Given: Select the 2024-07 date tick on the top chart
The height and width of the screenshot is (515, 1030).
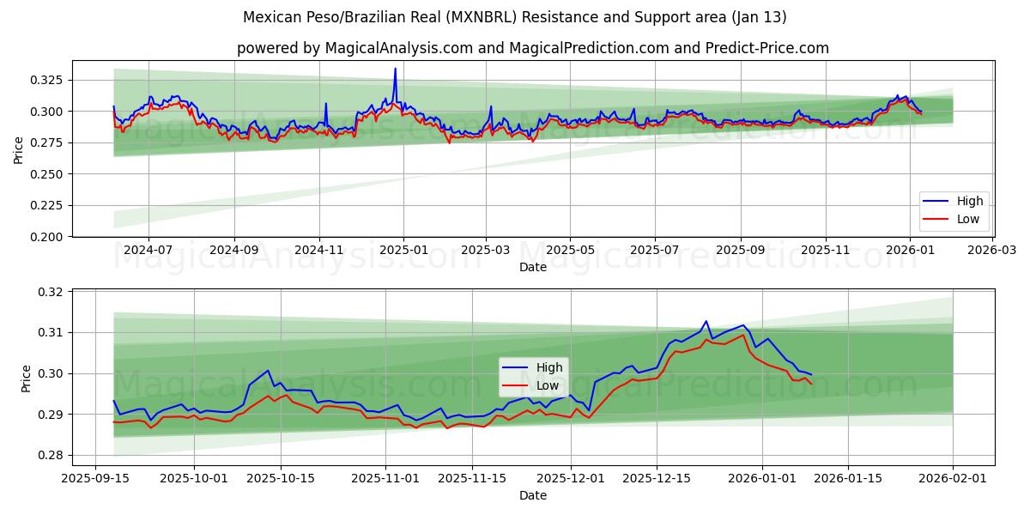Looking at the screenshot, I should click(x=148, y=250).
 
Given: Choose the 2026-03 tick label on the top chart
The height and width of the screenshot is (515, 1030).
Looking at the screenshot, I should click(x=993, y=250).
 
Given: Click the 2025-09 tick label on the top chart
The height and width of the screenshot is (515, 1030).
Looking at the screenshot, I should click(x=740, y=250).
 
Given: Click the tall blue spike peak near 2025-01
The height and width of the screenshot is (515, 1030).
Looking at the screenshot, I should click(x=395, y=69).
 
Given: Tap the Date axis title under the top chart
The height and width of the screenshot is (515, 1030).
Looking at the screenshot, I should click(x=532, y=267).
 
